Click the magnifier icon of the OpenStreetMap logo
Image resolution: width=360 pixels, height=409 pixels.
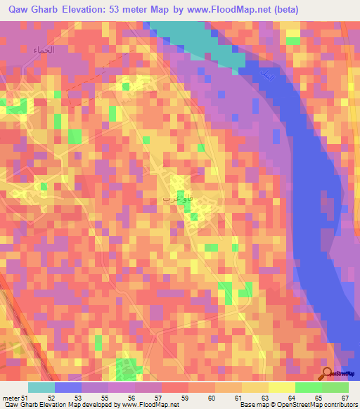pos(328,375)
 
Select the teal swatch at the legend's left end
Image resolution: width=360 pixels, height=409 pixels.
pos(41,387)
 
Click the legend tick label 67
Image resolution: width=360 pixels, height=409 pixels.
pos(345,398)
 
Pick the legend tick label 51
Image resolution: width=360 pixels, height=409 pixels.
pos(25,398)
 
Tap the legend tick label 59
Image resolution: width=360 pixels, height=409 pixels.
pos(185,398)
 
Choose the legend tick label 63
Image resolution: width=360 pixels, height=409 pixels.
pos(265,398)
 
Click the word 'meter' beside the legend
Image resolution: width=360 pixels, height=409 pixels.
pos(11,398)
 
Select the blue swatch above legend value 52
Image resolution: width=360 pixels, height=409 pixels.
pos(68,387)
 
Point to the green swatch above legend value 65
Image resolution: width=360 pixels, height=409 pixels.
pos(309,387)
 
